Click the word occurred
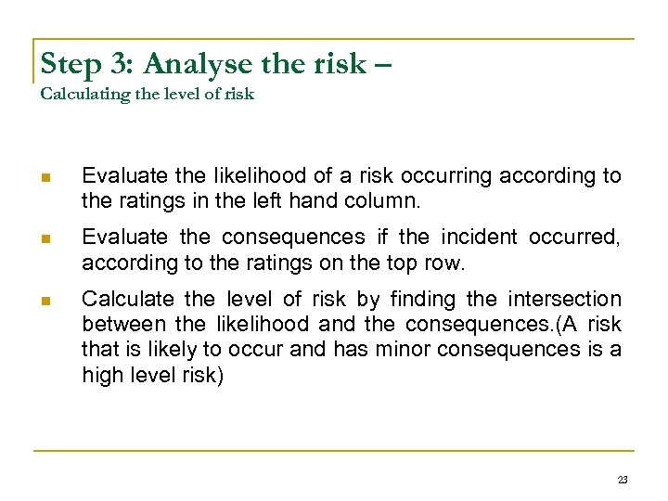click(575, 238)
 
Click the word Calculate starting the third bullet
click(128, 300)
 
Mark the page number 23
click(623, 480)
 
